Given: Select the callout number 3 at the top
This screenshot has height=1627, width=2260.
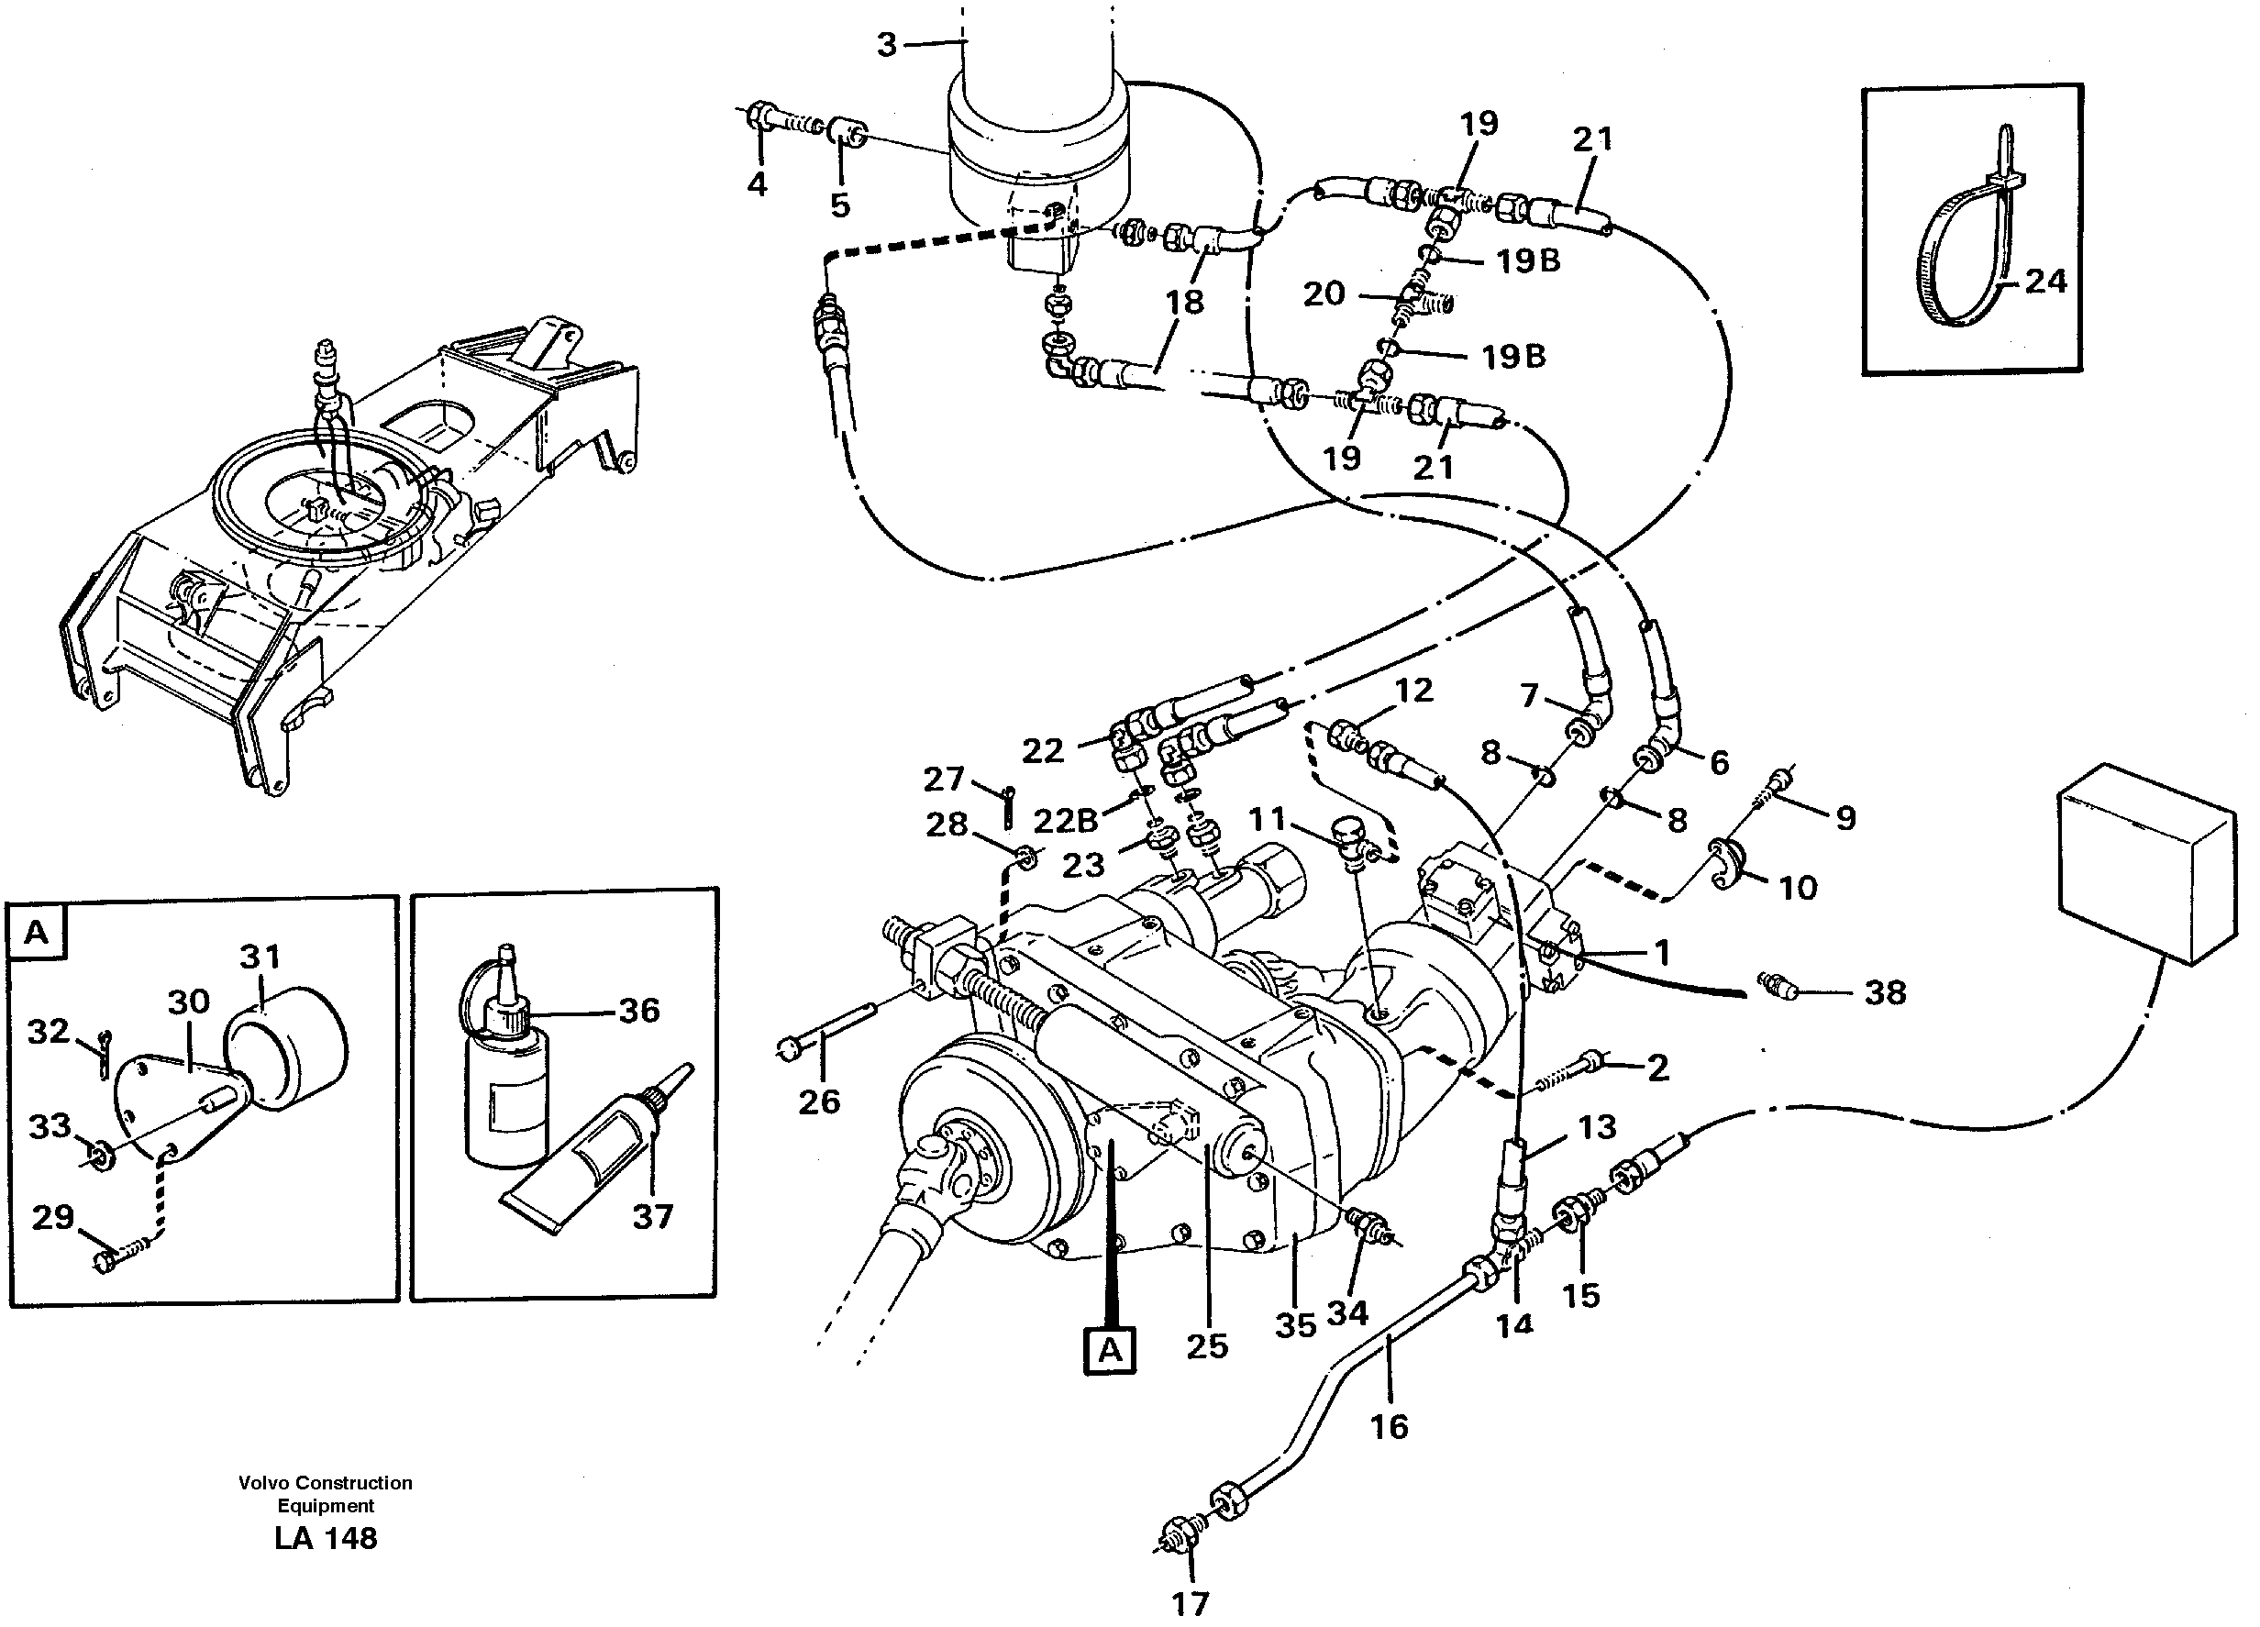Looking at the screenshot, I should pos(886,45).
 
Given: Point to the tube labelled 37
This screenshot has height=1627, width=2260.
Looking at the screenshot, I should pos(598,1156).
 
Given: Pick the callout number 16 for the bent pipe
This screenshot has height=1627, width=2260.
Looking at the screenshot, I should pos(1389,1427).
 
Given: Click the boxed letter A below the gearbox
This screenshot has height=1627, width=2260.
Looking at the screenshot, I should pos(1109,1351).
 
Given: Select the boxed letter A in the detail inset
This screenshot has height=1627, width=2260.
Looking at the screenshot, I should pos(36,933).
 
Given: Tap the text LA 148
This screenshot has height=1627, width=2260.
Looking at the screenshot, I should pos(326,1539).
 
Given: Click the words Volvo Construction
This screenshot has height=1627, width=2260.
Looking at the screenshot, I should pos(325,1482).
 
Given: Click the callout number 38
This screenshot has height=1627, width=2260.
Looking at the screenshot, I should pos(1884,991).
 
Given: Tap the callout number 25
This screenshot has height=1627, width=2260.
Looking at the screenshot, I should pos(1207,1346).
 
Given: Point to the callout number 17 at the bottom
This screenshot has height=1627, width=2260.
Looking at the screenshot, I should pos(1190,1603).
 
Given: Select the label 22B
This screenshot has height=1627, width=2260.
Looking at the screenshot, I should pos(1065,820).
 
